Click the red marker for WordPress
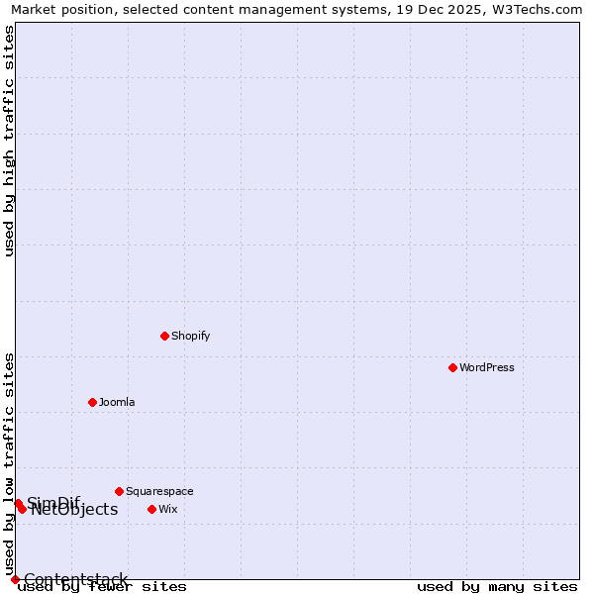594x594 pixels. click(452, 367)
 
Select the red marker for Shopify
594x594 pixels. click(164, 336)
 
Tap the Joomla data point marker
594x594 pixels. click(92, 402)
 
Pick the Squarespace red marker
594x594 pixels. click(119, 491)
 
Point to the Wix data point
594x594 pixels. click(151, 509)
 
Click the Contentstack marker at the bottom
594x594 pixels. click(15, 579)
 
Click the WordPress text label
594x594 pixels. click(487, 367)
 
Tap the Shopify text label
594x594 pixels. click(190, 336)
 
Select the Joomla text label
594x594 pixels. click(117, 402)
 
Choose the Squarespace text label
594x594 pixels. click(159, 491)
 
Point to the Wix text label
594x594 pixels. click(168, 509)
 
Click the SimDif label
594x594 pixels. click(53, 502)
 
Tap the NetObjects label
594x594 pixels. click(74, 510)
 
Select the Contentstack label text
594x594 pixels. click(76, 579)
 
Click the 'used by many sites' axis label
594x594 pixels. click(497, 586)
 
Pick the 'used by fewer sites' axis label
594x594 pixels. click(102, 586)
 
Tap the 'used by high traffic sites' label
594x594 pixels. click(10, 141)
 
